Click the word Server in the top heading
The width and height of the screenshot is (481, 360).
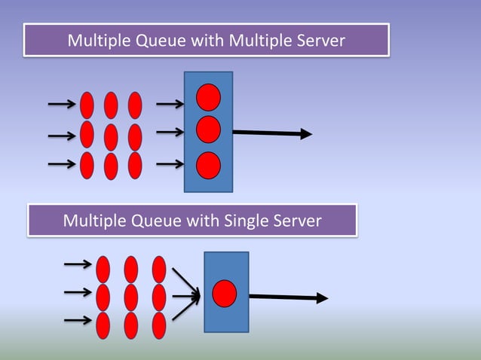pyautogui.click(x=319, y=41)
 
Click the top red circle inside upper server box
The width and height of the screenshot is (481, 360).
pyautogui.click(x=208, y=97)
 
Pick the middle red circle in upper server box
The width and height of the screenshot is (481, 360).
pyautogui.click(x=208, y=130)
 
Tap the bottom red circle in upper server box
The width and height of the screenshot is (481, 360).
pyautogui.click(x=208, y=165)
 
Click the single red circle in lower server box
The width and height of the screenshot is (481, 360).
pyautogui.click(x=225, y=293)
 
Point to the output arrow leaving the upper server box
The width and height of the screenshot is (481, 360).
pyautogui.click(x=271, y=133)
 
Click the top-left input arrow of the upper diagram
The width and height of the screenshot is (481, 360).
pyautogui.click(x=62, y=103)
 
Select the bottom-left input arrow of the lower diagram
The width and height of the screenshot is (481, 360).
pyautogui.click(x=78, y=321)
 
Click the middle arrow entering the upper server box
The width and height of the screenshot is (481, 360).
pyautogui.click(x=170, y=133)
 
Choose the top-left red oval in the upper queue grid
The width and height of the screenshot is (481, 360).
pyautogui.click(x=87, y=105)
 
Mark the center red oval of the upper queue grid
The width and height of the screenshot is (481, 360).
pyautogui.click(x=111, y=136)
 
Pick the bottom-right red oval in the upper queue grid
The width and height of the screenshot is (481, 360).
pyautogui.click(x=135, y=166)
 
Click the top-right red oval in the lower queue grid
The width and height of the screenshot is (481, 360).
pyautogui.click(x=159, y=270)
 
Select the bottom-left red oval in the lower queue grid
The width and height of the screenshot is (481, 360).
pyautogui.click(x=103, y=325)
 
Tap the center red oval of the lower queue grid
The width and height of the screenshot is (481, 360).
pyautogui.click(x=131, y=297)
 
